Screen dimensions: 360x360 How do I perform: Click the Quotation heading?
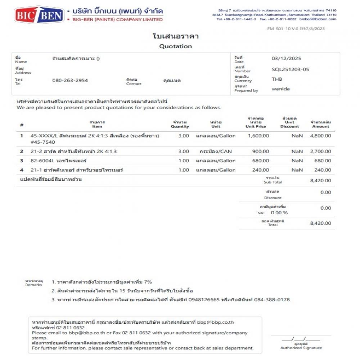pos(175,46)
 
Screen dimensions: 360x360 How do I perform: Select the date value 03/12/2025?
pos(286,59)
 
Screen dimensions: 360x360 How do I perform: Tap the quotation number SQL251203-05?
pos(290,69)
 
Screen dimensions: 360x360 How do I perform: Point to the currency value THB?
pos(277,79)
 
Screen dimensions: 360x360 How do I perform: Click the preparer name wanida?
pos(280,89)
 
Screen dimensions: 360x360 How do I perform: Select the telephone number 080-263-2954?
pos(70,80)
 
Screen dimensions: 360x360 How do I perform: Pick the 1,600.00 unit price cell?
pos(258,136)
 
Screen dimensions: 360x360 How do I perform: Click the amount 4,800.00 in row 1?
pos(320,136)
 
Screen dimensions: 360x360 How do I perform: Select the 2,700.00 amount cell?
pos(320,152)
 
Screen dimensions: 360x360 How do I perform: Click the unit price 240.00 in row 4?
pos(261,170)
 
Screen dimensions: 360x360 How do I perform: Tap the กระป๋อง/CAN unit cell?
pos(216,152)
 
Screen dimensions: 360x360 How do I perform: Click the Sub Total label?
pos(273,182)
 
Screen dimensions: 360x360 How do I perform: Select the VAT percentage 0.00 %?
pos(279,213)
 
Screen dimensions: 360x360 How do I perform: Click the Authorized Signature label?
pos(301,348)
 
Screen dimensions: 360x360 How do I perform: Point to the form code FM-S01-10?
pos(279,29)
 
